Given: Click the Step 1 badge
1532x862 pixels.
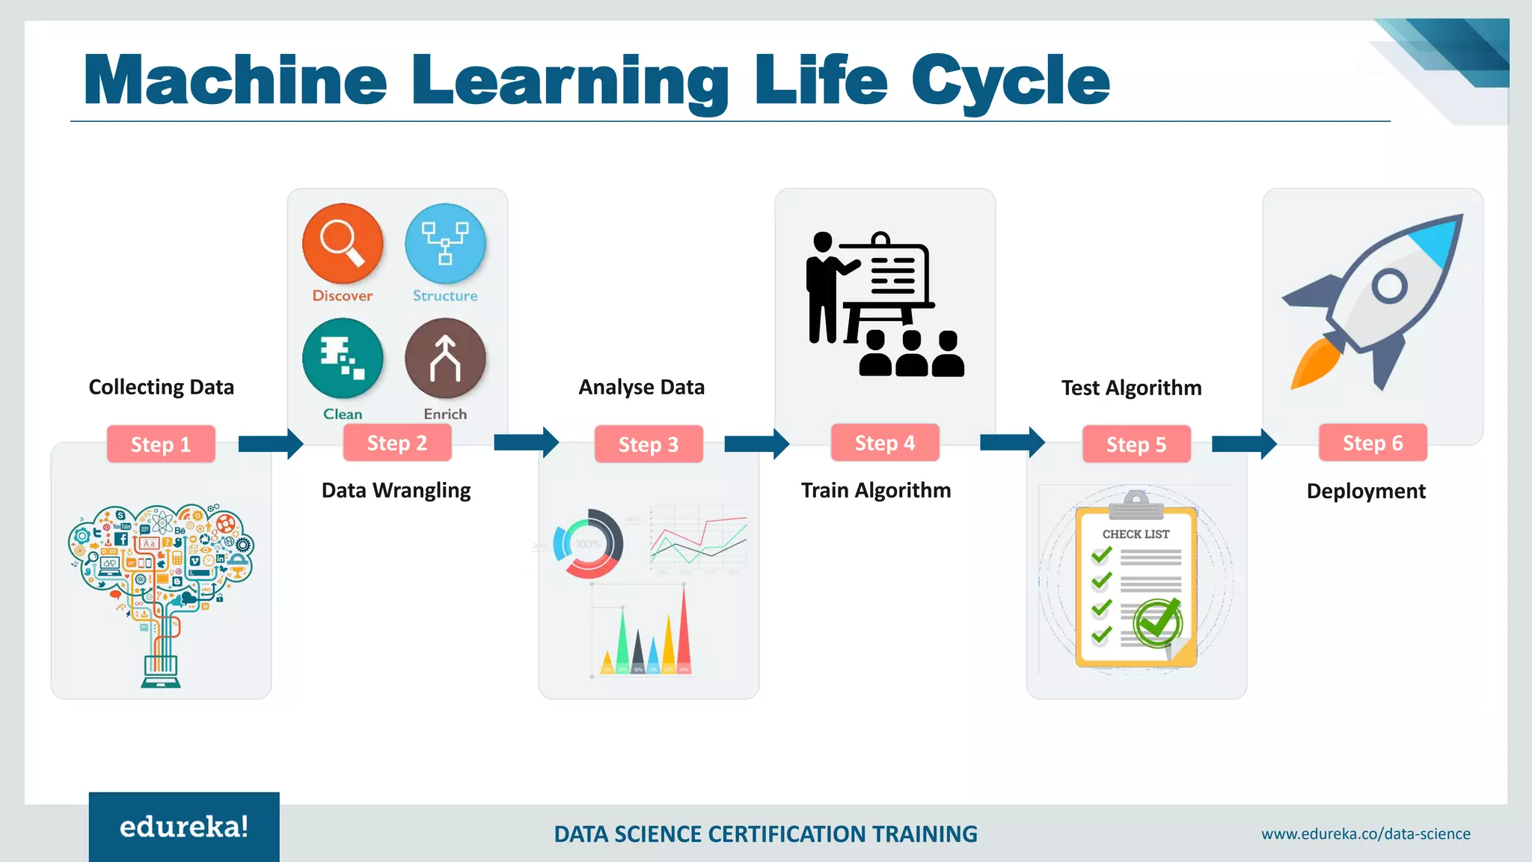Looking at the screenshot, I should coord(161,444).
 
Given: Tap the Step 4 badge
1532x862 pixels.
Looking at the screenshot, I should coord(885,443).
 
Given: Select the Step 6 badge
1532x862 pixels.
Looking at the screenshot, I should coord(1373,443).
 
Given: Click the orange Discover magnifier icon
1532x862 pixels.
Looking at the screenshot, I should coord(343,243).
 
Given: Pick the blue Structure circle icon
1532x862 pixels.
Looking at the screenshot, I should coord(445,243).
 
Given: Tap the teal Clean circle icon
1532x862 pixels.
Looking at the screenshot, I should coord(343,358).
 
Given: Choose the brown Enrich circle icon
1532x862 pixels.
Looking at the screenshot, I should coord(445,358).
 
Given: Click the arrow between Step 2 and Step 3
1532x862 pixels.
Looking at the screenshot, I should coord(527,442).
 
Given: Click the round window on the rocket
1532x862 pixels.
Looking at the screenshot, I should coord(1390,286).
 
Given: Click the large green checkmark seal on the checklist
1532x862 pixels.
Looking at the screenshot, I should coord(1158,623).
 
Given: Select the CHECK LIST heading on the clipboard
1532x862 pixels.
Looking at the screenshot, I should coord(1136,534).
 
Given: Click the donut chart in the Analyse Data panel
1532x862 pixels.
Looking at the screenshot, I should coord(588,544).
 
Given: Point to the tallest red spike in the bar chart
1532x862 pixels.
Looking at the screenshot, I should coord(683,632).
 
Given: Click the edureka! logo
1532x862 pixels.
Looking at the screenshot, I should coord(184,827).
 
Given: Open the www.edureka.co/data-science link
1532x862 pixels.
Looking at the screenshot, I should coord(1365,834).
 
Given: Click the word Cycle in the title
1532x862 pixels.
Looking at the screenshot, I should coord(1010,81).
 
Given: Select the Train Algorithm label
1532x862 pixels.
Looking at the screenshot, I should coord(876,490).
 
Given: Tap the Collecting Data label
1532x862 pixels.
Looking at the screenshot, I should coord(162,387).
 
